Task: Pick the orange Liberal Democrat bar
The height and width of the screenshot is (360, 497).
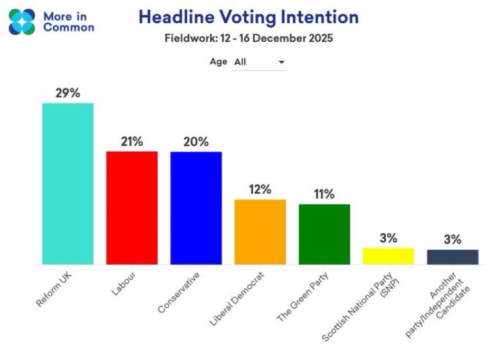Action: point(260,232)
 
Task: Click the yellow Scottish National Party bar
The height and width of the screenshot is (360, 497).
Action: point(388,256)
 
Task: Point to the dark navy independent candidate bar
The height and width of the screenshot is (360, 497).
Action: point(452,257)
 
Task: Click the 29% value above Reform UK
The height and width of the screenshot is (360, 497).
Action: point(68,93)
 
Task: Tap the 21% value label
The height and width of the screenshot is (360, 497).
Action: point(132,141)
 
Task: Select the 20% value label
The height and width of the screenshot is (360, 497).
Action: point(196,141)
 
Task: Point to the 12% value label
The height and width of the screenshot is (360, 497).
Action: point(260,190)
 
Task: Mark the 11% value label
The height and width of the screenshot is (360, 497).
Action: point(324,194)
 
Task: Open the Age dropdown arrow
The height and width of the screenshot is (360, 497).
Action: point(282,62)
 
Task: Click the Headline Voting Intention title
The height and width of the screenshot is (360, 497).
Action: point(248,17)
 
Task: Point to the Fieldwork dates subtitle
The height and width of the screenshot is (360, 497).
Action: point(248,39)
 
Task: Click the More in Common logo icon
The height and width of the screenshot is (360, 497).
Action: point(22,22)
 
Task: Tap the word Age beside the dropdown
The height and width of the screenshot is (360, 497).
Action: point(218,62)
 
